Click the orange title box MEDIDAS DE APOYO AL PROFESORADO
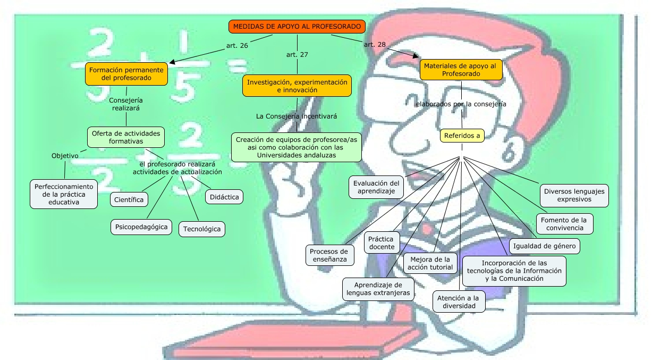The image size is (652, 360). point(297,26)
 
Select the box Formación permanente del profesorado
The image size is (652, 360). point(126,73)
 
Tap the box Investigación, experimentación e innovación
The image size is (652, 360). point(297,86)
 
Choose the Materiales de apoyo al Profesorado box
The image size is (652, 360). point(461,70)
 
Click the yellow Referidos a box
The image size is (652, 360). point(462,136)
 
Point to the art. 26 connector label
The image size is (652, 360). point(236,46)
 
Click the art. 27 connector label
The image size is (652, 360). point(297,54)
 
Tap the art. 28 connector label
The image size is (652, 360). point(375,45)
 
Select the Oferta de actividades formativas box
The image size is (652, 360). point(126,137)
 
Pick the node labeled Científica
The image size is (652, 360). point(129,199)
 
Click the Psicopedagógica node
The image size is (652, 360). point(141,227)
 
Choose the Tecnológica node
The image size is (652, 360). point(201,229)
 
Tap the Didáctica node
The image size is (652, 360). point(224,196)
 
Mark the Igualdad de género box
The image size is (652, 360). point(544,246)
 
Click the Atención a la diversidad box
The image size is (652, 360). point(459,302)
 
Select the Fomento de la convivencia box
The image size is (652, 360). point(563,224)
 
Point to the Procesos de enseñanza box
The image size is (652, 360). point(329,255)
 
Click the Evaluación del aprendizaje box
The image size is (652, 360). point(376,187)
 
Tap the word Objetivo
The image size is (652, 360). point(65,156)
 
